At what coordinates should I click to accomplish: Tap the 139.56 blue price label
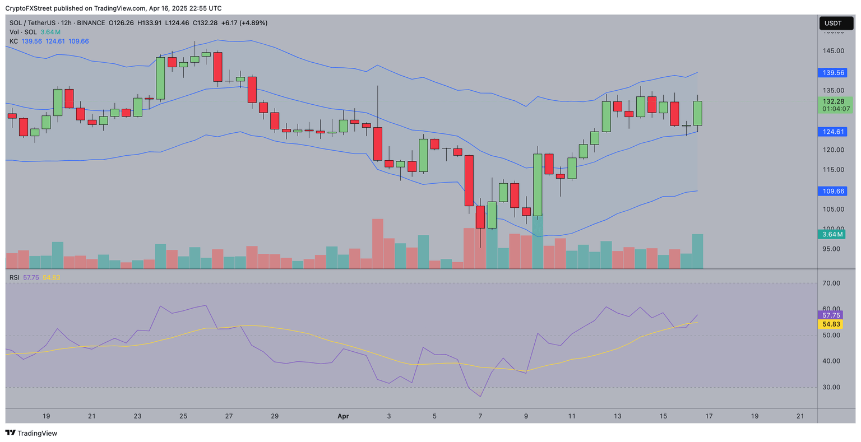click(x=833, y=73)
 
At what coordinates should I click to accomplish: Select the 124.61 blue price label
click(x=833, y=132)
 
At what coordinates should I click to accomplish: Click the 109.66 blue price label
click(x=833, y=192)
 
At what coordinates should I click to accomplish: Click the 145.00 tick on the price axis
click(x=834, y=51)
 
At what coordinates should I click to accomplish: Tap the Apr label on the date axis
click(x=343, y=416)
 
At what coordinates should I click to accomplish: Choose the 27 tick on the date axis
click(x=229, y=416)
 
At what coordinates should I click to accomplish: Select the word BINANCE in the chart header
click(x=91, y=23)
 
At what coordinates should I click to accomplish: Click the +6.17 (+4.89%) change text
click(x=244, y=23)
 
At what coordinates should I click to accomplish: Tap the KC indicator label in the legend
click(x=13, y=41)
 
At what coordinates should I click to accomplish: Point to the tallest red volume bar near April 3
click(x=377, y=243)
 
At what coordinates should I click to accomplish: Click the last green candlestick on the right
click(x=697, y=113)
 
